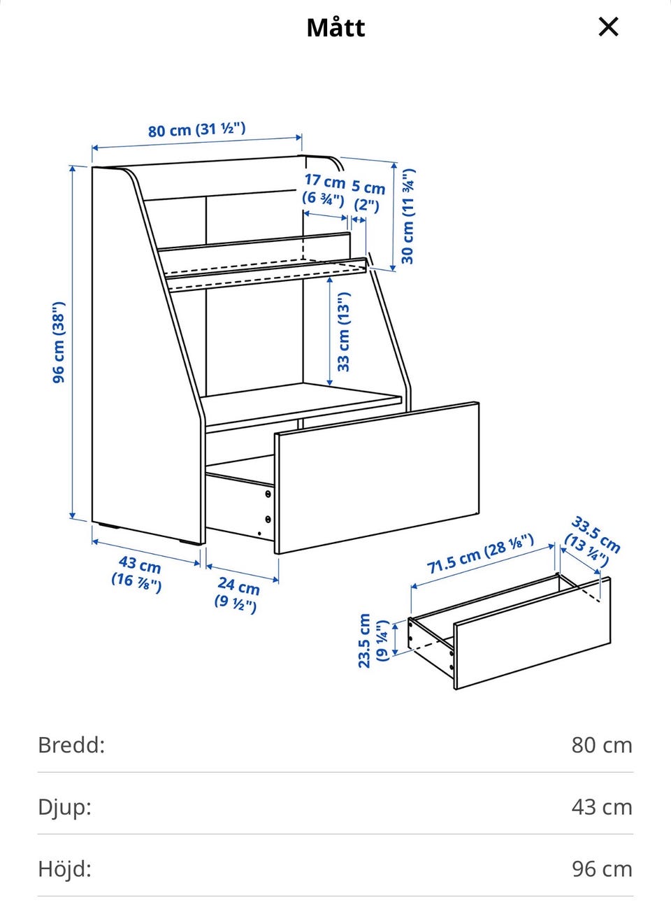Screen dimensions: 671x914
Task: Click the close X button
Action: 608,27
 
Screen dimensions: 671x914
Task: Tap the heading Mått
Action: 335,28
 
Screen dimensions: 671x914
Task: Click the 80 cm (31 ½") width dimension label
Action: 196,130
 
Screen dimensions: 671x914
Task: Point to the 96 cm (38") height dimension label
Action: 59,342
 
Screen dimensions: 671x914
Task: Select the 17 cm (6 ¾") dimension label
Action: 324,190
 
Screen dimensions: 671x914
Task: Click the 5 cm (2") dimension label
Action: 368,196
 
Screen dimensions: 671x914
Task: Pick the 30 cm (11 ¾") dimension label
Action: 408,216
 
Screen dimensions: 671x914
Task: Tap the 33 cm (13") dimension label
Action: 343,331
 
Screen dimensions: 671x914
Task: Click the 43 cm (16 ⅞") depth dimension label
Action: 138,573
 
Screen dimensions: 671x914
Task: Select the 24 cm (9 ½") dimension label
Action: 236,596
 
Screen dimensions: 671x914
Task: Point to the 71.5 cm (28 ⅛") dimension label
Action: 480,554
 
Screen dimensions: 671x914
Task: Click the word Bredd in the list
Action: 71,745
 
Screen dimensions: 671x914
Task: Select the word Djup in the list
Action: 64,808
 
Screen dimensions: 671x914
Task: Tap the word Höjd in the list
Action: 64,869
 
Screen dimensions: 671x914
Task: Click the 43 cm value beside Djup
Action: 602,807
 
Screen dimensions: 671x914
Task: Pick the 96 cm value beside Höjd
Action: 602,869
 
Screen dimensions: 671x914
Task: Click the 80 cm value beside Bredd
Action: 602,745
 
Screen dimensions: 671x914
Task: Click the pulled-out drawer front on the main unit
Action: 377,478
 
